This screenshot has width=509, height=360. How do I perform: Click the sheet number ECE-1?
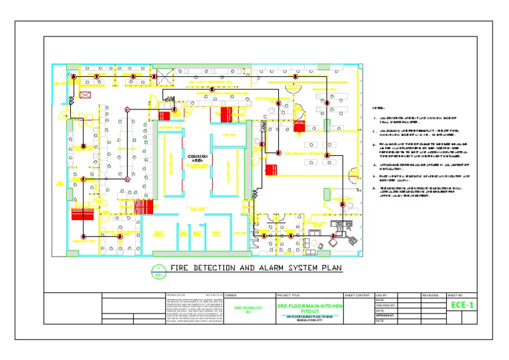(462, 305)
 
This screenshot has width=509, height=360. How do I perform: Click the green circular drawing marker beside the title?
(158, 270)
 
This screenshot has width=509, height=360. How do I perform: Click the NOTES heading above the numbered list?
(378, 108)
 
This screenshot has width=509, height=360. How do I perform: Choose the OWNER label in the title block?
(231, 295)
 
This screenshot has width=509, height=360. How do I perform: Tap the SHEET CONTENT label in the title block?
(358, 295)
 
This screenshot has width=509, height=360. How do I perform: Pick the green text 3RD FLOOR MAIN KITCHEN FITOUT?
(310, 308)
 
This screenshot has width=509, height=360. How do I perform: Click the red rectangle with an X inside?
(85, 95)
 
